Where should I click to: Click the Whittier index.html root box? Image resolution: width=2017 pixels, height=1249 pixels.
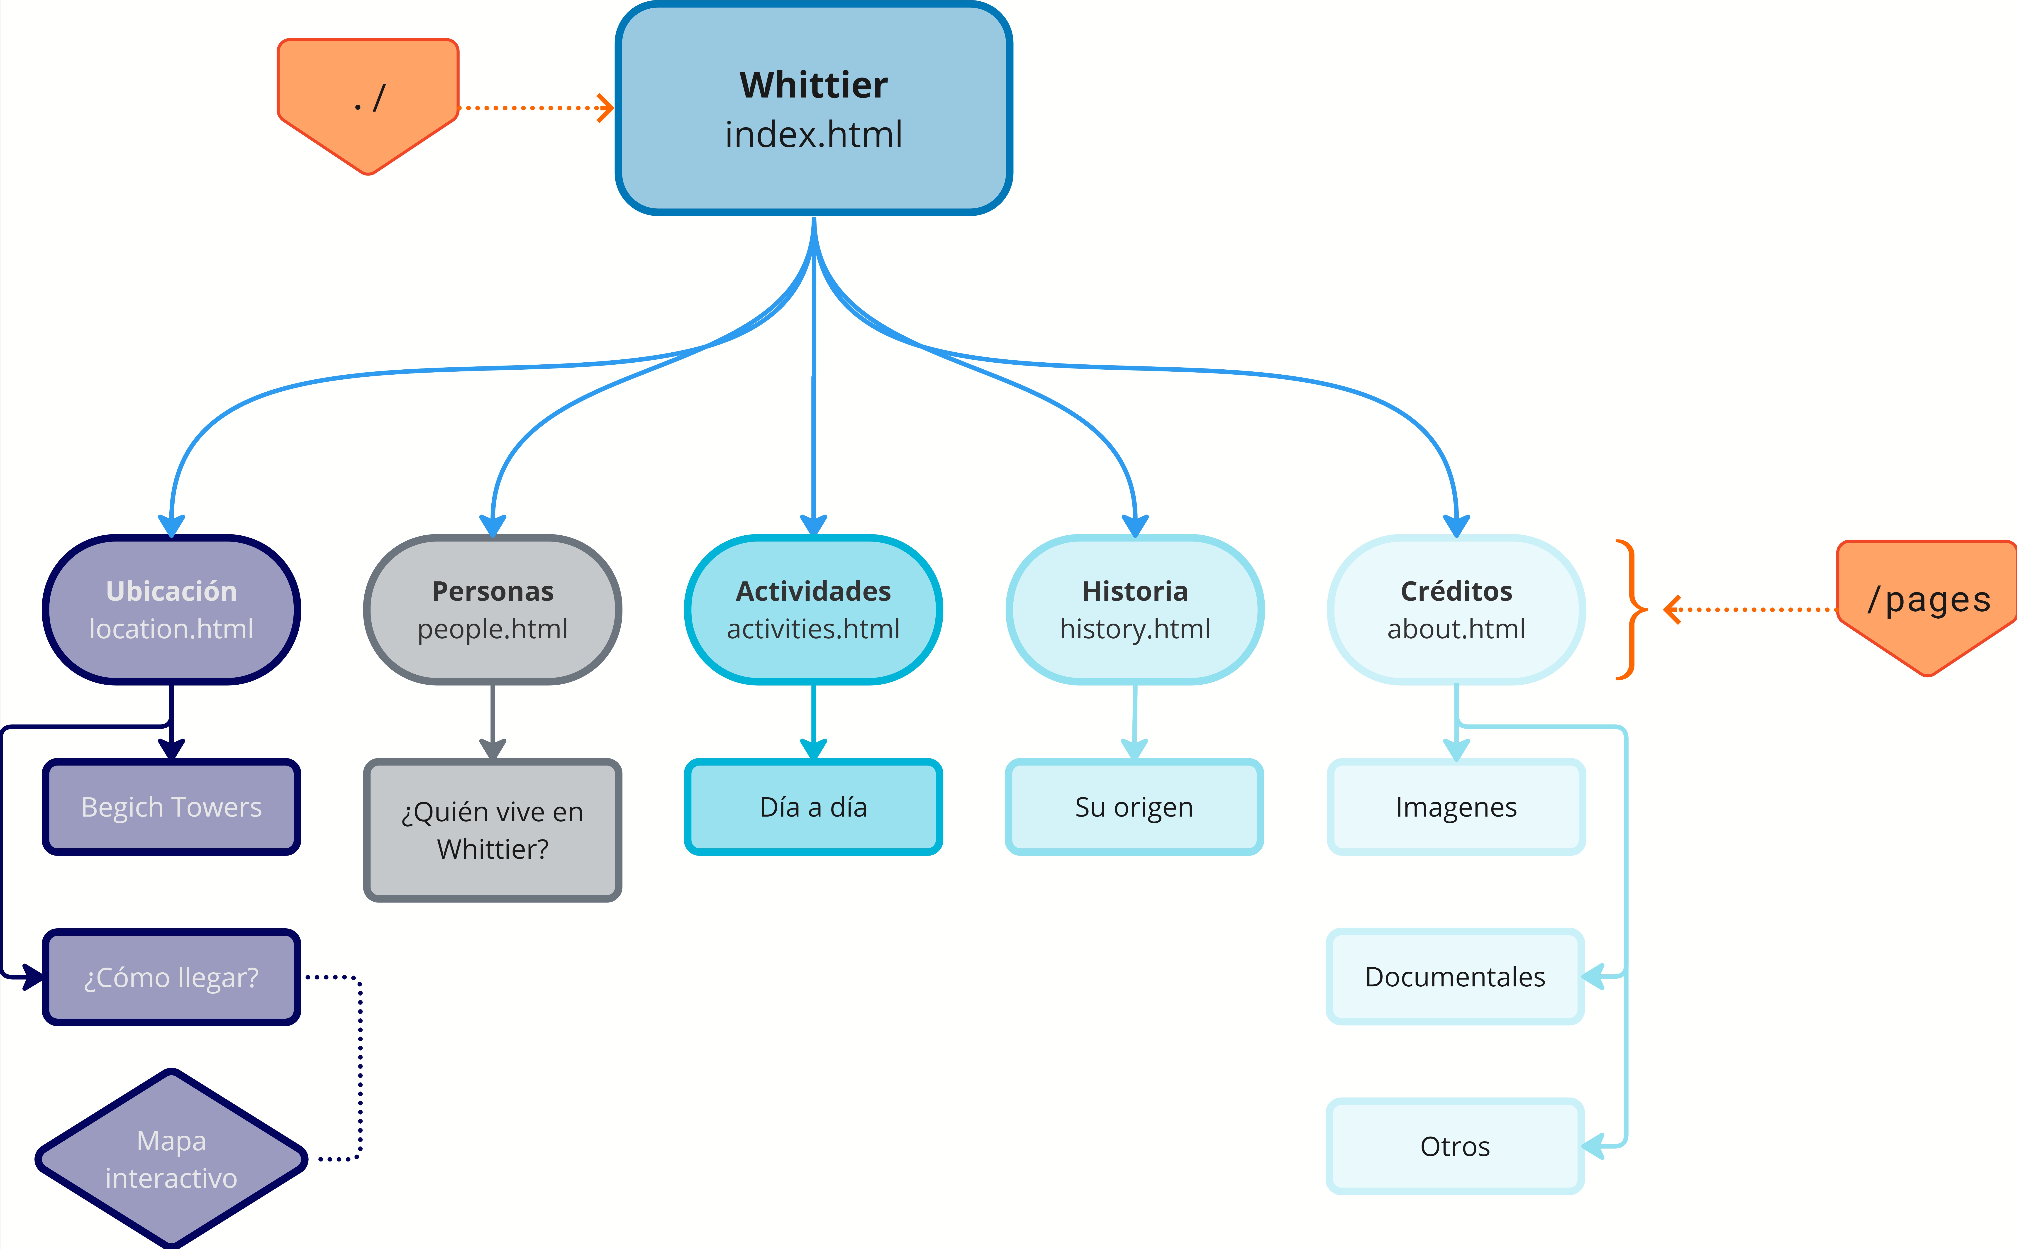point(814,109)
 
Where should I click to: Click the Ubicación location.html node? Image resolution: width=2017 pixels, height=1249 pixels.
point(171,610)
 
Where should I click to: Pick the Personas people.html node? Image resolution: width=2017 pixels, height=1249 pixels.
point(492,610)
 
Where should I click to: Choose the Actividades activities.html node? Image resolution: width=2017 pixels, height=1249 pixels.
point(814,610)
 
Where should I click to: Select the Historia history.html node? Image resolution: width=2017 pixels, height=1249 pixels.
point(1135,610)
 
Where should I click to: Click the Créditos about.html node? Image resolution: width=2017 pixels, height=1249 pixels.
point(1456,610)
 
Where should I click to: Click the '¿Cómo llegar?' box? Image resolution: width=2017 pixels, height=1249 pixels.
point(171,977)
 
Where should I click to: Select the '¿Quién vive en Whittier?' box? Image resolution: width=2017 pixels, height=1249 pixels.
point(492,830)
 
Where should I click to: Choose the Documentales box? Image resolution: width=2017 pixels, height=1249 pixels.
point(1454,977)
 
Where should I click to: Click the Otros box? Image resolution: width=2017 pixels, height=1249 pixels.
point(1454,1147)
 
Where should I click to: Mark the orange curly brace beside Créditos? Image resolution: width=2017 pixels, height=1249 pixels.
point(1630,610)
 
